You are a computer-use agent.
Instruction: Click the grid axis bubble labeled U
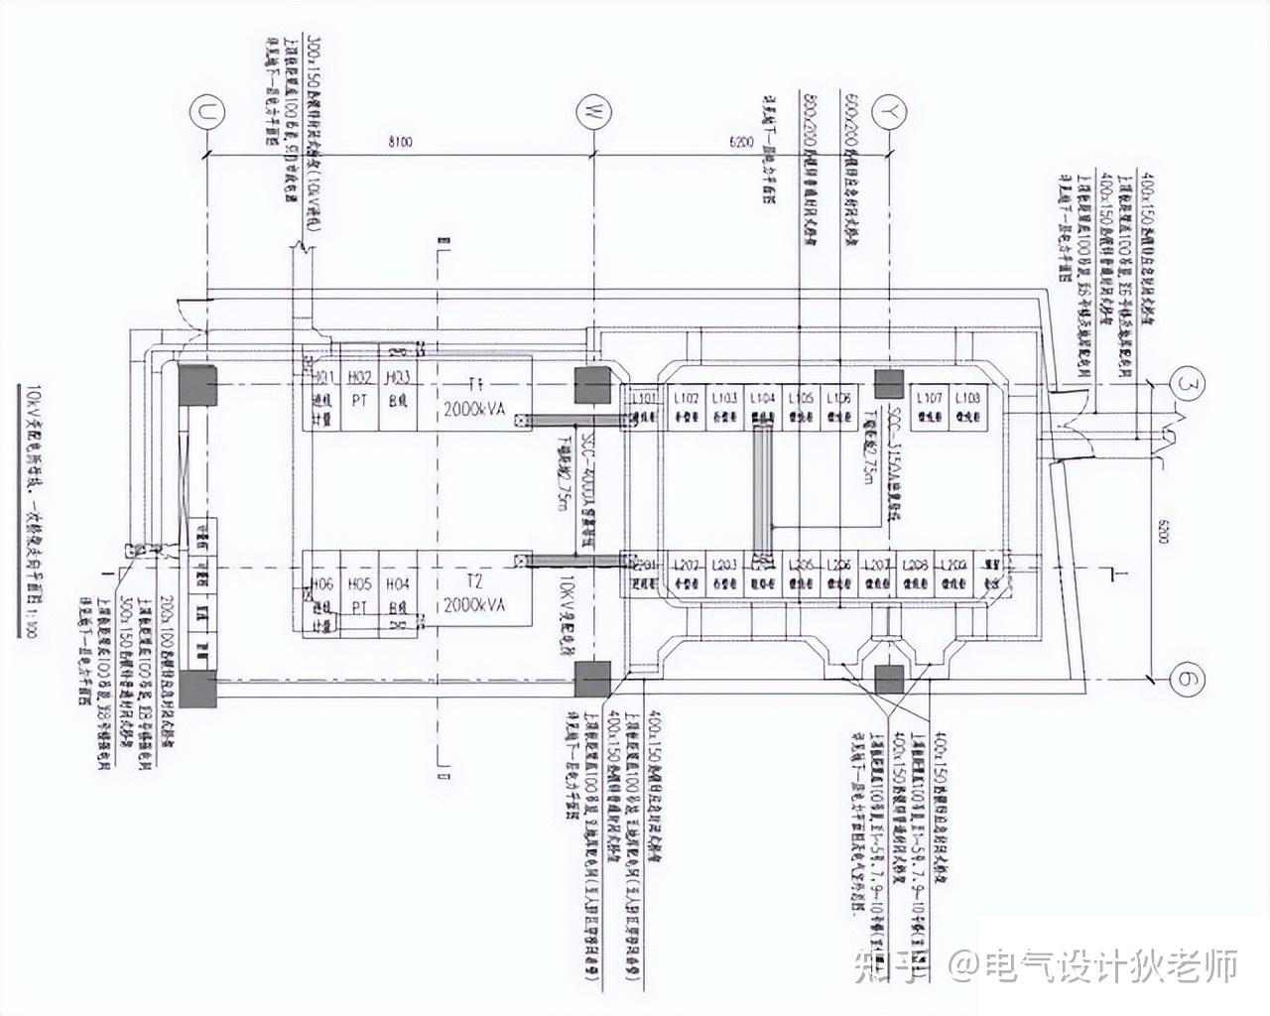[206, 113]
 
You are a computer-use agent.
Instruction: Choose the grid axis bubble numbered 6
[1188, 680]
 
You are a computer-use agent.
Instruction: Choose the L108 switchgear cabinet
[967, 405]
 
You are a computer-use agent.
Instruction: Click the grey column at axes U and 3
[197, 385]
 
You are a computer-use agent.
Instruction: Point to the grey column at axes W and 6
[593, 680]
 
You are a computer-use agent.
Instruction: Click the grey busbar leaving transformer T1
[552, 421]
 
